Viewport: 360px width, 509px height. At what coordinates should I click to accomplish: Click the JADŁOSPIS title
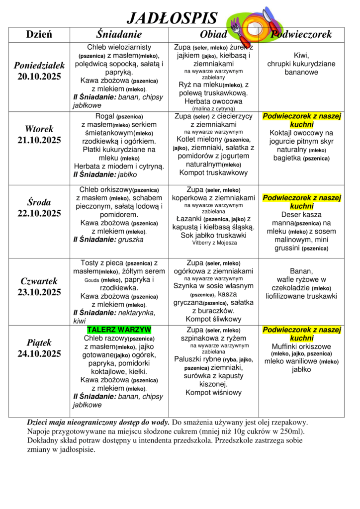point(172,18)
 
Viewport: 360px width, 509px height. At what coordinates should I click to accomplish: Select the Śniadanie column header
point(119,34)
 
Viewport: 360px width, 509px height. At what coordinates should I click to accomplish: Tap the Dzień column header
point(39,34)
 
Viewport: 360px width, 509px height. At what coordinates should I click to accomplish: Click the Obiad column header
point(213,34)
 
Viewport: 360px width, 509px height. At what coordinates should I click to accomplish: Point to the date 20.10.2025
point(39,77)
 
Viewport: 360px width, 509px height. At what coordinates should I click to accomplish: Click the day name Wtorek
point(39,129)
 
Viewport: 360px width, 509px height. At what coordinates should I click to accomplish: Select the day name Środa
point(39,202)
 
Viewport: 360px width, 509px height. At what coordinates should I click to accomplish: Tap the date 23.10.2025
point(39,292)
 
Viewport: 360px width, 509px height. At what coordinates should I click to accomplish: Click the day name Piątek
point(39,342)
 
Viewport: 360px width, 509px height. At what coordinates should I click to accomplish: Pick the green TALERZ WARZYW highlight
point(119,330)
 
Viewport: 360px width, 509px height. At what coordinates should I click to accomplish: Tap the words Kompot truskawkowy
point(213,172)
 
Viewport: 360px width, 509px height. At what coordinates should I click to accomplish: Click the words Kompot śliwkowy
point(213,319)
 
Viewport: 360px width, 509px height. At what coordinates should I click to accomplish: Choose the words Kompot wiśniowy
point(213,393)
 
